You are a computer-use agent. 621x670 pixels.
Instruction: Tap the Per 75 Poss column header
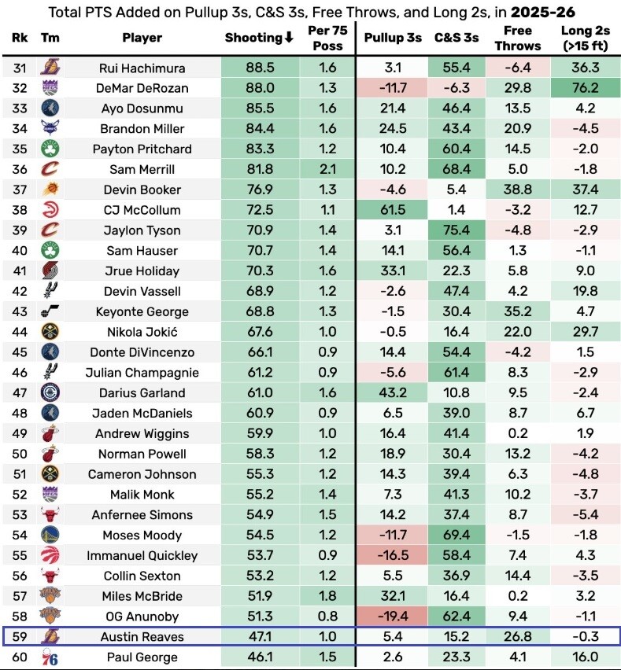tap(328, 38)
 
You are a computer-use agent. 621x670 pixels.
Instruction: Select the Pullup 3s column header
tap(394, 38)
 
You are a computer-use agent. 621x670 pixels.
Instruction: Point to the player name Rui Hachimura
tap(142, 68)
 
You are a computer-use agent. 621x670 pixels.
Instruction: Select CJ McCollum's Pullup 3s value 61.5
tap(394, 210)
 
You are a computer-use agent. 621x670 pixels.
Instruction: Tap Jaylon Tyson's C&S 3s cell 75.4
tap(456, 230)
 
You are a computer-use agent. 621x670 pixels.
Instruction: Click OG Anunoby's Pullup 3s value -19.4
tap(394, 617)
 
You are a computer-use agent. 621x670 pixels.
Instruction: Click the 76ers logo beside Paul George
tap(50, 657)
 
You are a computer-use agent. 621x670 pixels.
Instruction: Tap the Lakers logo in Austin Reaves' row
tap(50, 637)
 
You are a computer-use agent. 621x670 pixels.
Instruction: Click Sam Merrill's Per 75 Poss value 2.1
tap(328, 169)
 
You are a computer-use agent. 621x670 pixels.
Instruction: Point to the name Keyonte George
tap(142, 311)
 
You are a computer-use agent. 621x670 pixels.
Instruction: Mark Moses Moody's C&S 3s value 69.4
tap(456, 535)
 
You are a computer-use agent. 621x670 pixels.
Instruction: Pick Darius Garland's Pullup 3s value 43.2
tap(394, 393)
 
